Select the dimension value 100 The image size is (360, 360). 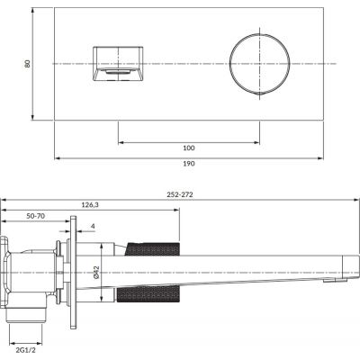tap(188, 147)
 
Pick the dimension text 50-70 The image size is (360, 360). tap(37, 217)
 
